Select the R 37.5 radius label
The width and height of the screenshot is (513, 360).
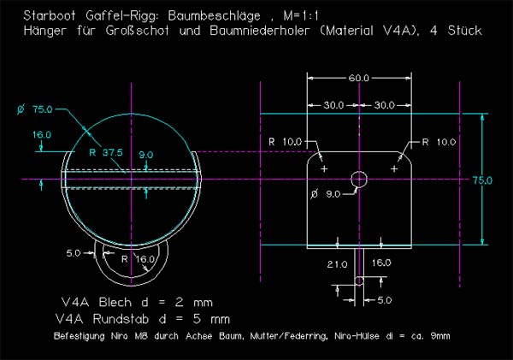tap(106, 151)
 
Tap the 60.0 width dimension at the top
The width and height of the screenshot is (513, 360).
tap(359, 78)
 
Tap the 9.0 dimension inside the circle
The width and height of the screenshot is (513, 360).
tap(146, 155)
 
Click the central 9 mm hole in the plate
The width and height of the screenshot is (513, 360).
tap(359, 179)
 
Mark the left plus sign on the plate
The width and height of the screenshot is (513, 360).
tap(323, 169)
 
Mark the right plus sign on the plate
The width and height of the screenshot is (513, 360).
tap(394, 169)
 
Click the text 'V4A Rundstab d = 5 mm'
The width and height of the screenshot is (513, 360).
tap(144, 316)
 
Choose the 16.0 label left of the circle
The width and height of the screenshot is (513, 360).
tap(42, 135)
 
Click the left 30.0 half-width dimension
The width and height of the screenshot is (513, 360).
tap(333, 104)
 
